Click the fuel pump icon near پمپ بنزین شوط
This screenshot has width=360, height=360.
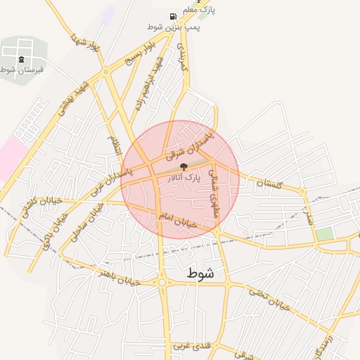(x=173, y=16)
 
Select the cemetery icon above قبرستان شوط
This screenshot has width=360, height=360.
(x=22, y=58)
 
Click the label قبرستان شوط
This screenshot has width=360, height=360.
(x=22, y=70)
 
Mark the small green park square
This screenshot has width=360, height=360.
(x=324, y=233)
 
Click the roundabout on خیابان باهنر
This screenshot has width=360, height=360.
(x=162, y=283)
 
